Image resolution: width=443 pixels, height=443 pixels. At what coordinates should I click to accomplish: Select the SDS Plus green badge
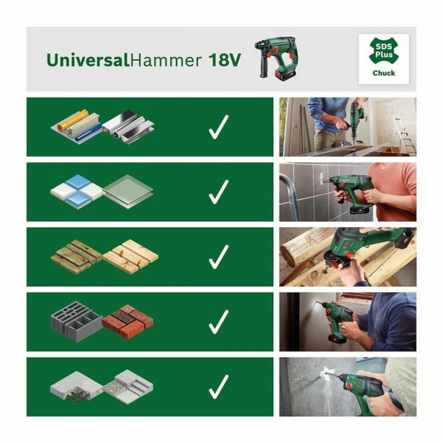383,50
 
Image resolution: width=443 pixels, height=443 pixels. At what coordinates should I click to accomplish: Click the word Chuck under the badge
383,73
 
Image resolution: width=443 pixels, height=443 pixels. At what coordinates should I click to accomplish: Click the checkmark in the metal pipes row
218,127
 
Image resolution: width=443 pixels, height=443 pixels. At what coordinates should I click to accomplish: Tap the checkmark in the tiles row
218,193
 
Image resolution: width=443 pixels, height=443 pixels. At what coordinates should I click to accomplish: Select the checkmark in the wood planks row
218,257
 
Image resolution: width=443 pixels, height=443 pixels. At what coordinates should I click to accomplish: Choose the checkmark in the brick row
218,322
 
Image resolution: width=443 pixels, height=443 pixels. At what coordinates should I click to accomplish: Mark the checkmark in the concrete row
218,386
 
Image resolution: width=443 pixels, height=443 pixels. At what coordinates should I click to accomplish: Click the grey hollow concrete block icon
75,318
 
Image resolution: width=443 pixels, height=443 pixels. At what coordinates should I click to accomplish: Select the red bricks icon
128,319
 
